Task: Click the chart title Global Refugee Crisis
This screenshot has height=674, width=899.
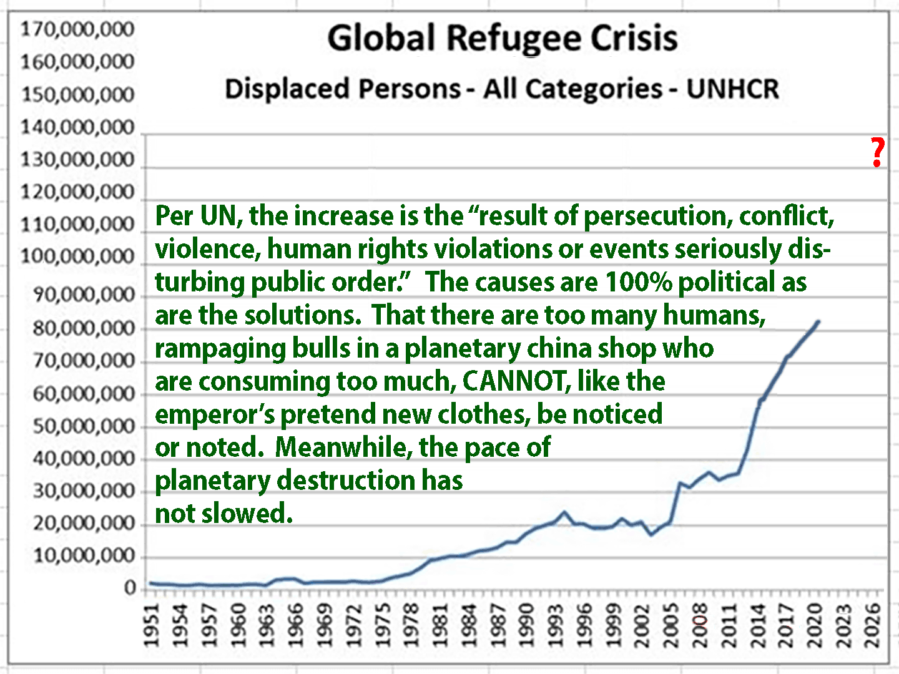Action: tap(503, 38)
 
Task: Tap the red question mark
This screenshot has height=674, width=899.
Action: tap(878, 152)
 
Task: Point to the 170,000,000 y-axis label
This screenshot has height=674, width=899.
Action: tap(77, 29)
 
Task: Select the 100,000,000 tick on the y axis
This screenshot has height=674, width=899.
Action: tap(77, 256)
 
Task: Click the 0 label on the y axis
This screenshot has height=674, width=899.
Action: tap(129, 588)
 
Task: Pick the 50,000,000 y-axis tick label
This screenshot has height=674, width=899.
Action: tap(84, 427)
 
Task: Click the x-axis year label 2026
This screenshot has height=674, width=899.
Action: tap(873, 625)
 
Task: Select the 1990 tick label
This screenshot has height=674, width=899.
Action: tap(528, 625)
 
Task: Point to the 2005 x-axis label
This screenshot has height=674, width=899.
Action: tap(671, 625)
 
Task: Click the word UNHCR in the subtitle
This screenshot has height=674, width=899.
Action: tap(733, 89)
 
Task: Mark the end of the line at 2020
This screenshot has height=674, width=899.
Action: tap(818, 321)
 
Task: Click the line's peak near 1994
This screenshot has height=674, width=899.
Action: tap(564, 512)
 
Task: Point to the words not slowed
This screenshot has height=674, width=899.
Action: tap(224, 514)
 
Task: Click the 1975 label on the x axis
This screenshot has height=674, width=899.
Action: tap(383, 625)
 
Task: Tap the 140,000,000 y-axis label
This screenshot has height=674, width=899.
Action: tap(77, 127)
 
